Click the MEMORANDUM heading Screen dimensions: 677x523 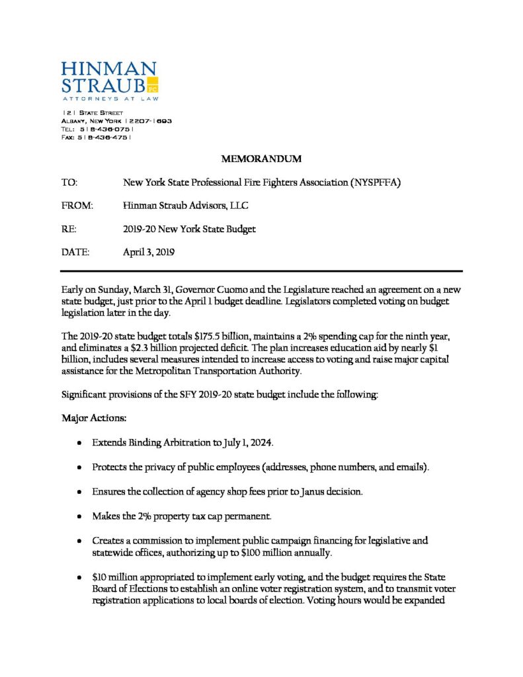tap(261, 159)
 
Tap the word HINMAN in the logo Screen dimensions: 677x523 tap(108, 68)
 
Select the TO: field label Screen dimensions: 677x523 tap(69, 182)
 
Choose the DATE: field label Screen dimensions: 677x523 tap(75, 252)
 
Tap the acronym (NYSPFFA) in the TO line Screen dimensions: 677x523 tap(375, 182)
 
